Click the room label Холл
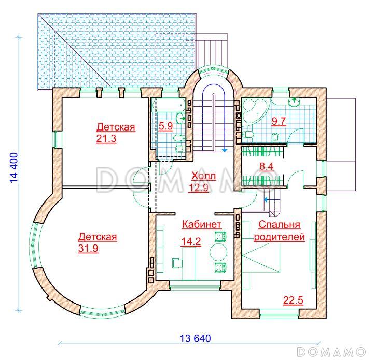tap(203, 176)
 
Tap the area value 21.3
tap(106, 138)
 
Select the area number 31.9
tap(88, 248)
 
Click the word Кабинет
tap(202, 224)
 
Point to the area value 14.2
tap(191, 241)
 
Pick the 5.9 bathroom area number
tap(166, 126)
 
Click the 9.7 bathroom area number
tap(279, 121)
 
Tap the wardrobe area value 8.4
tap(267, 166)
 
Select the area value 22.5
tap(293, 300)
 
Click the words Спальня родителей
tap(280, 231)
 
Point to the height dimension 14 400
tap(14, 167)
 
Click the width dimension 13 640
tap(196, 338)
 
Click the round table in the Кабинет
tap(218, 252)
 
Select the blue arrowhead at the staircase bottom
tap(225, 150)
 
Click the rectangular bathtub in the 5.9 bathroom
tap(169, 105)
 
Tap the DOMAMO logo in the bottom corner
tap(331, 352)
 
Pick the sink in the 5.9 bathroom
tap(180, 118)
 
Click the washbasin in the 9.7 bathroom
tap(294, 102)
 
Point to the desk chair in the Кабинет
tap(177, 263)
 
